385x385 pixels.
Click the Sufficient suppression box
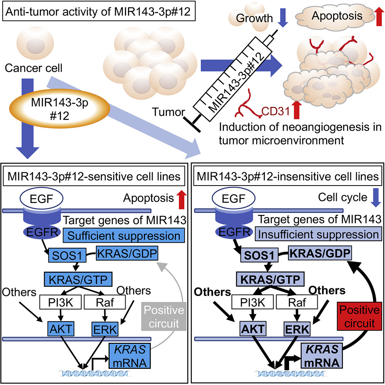coord(124,234)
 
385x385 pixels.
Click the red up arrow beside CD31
coord(296,109)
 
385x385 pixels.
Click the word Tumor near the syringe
coord(169,112)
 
